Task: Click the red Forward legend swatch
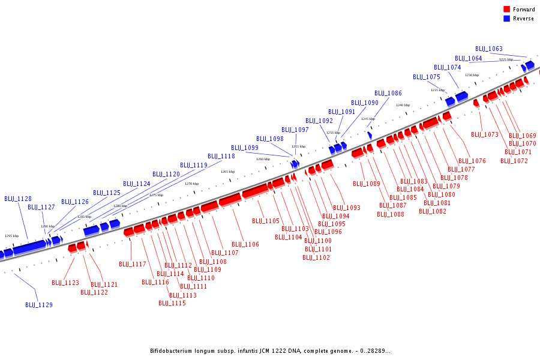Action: pyautogui.click(x=507, y=10)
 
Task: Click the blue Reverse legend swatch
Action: pyautogui.click(x=507, y=19)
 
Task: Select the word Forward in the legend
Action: pyautogui.click(x=523, y=10)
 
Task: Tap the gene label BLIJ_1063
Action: pyautogui.click(x=489, y=49)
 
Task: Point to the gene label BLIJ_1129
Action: pyautogui.click(x=39, y=305)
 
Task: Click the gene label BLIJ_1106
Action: pyautogui.click(x=245, y=245)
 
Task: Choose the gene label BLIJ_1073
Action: pyautogui.click(x=485, y=135)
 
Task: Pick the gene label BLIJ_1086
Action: pyautogui.click(x=388, y=94)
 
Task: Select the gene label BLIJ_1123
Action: pyautogui.click(x=65, y=283)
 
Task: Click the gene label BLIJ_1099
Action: pyautogui.click(x=245, y=148)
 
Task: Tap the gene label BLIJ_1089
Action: pyautogui.click(x=367, y=184)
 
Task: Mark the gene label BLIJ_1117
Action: pyautogui.click(x=133, y=265)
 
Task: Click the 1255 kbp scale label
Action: pyautogui.click(x=298, y=146)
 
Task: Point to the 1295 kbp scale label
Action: pyautogui.click(x=12, y=236)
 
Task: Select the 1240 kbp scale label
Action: pyautogui.click(x=403, y=105)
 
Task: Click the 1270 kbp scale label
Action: pyautogui.click(x=191, y=184)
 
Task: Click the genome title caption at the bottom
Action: pyautogui.click(x=270, y=351)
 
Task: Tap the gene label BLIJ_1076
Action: pyautogui.click(x=472, y=161)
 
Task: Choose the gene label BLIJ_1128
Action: pyautogui.click(x=18, y=199)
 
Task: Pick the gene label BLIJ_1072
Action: pyautogui.click(x=516, y=161)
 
